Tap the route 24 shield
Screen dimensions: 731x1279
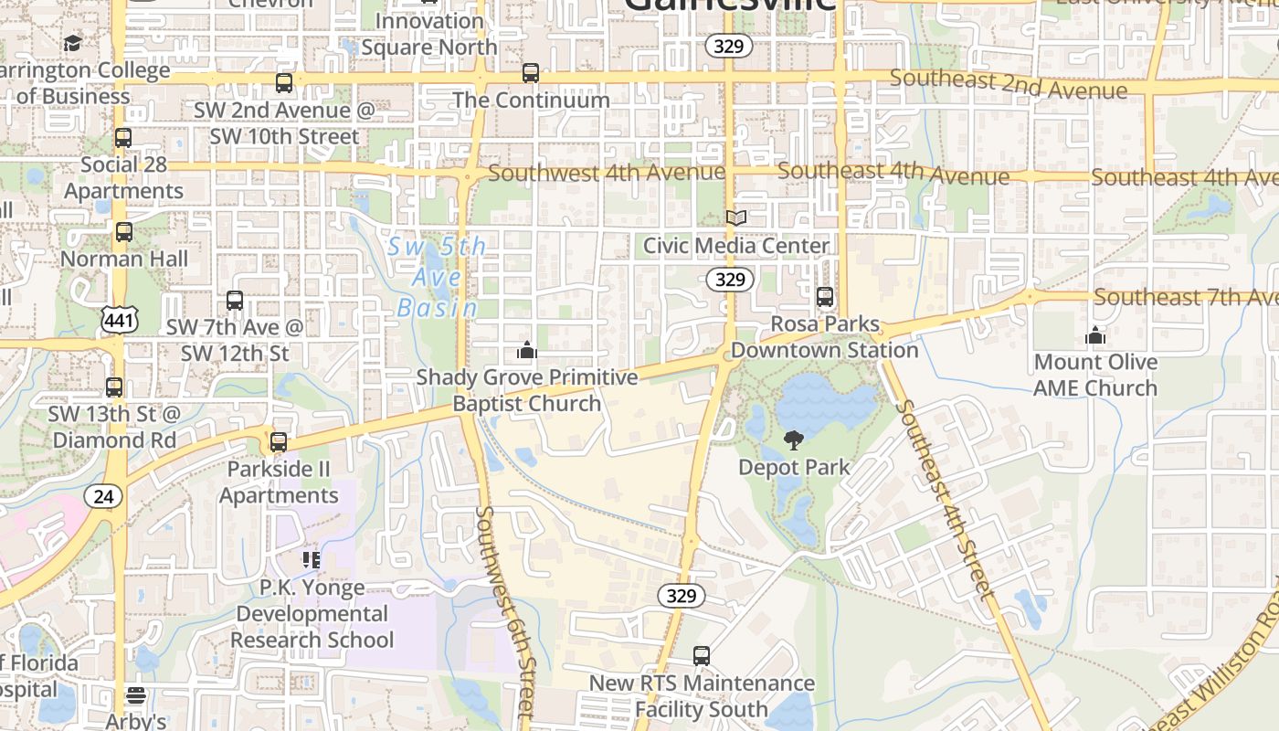(103, 496)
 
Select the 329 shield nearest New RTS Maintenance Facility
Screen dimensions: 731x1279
(682, 596)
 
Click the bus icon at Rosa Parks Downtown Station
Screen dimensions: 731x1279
(825, 297)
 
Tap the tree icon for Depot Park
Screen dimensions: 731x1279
(794, 440)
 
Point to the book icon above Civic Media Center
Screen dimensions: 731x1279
(736, 217)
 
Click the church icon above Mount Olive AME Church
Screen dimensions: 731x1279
(1095, 335)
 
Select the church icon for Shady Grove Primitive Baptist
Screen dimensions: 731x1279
(527, 350)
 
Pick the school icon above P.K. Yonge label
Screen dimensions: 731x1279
(312, 559)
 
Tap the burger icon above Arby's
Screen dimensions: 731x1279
(136, 696)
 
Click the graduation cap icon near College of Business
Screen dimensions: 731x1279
(72, 43)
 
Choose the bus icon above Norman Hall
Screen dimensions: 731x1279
(124, 232)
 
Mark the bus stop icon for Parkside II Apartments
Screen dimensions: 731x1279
(279, 442)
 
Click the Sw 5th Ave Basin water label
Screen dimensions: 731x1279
(437, 277)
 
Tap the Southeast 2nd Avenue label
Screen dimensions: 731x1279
(1008, 85)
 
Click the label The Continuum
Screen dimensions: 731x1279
(531, 100)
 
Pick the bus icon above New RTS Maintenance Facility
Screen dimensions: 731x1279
(701, 656)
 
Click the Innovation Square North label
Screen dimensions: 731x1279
(429, 34)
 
